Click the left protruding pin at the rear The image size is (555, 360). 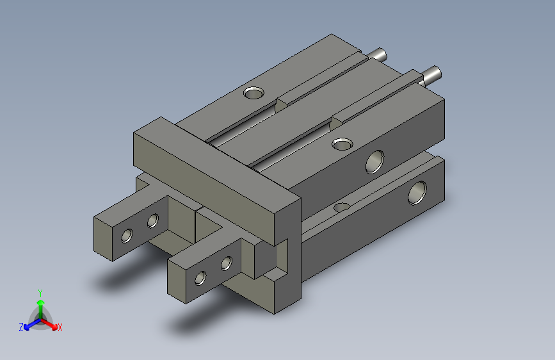click(378, 54)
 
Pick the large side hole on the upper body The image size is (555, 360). click(374, 161)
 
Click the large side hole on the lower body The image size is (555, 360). click(417, 192)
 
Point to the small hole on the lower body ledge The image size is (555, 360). click(342, 208)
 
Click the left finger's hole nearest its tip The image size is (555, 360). click(127, 236)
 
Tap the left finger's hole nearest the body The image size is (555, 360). click(152, 222)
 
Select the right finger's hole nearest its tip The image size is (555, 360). click(201, 277)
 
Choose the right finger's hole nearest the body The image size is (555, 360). click(226, 263)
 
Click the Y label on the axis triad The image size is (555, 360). click(40, 291)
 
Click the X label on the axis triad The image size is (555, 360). click(60, 327)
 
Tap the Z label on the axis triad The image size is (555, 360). click(21, 327)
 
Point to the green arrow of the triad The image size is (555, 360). click(40, 304)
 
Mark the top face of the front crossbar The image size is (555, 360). click(218, 160)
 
